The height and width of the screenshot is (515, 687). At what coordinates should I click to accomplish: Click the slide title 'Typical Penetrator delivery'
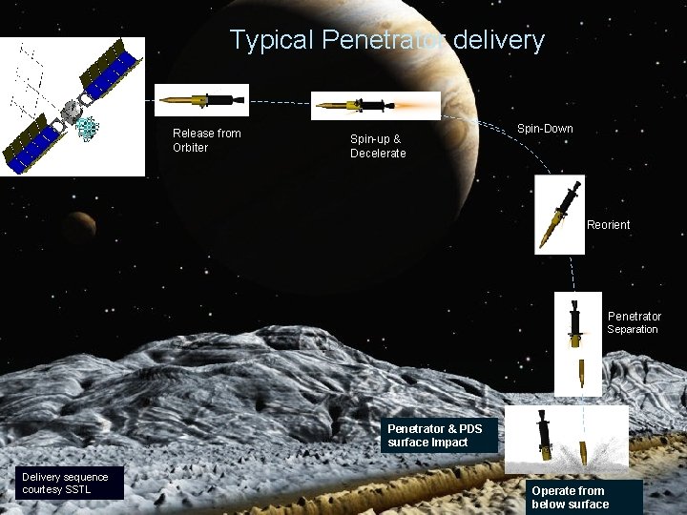pyautogui.click(x=387, y=40)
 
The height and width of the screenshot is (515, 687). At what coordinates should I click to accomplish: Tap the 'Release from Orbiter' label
pyautogui.click(x=206, y=140)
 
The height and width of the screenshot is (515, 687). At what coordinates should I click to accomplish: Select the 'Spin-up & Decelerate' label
pyautogui.click(x=378, y=146)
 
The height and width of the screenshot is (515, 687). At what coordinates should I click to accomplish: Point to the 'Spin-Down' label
pyautogui.click(x=545, y=128)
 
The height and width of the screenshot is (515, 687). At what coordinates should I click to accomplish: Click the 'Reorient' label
pyautogui.click(x=608, y=225)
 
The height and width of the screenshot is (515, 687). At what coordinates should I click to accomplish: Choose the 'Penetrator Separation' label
pyautogui.click(x=634, y=322)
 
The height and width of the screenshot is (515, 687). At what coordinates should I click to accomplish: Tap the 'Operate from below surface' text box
pyautogui.click(x=577, y=498)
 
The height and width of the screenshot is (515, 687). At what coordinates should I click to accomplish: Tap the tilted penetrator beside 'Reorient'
pyautogui.click(x=558, y=215)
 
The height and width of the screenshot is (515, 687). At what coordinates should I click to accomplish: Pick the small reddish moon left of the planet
pyautogui.click(x=81, y=225)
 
